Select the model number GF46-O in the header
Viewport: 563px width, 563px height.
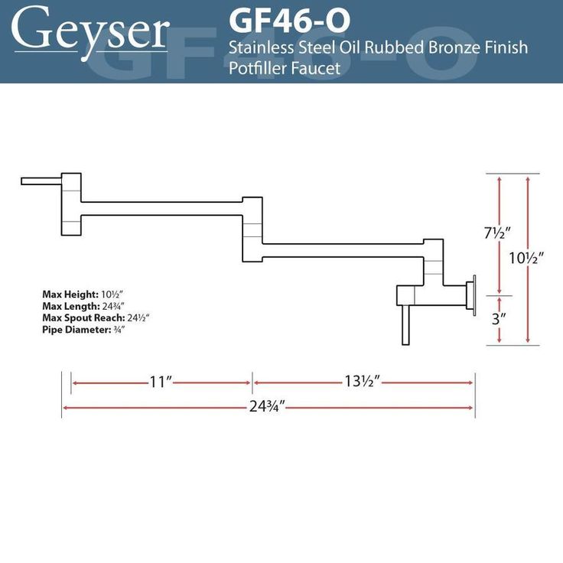(290, 18)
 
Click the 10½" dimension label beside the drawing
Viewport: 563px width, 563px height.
(527, 258)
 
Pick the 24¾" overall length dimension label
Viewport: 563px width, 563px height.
(267, 407)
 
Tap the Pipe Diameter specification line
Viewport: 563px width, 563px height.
(83, 330)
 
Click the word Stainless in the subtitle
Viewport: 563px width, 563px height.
(258, 48)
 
